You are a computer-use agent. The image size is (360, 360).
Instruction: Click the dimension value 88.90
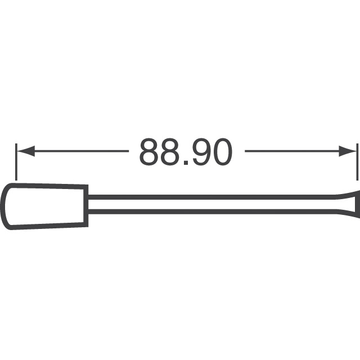click(185, 152)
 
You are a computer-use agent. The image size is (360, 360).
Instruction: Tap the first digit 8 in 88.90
click(150, 152)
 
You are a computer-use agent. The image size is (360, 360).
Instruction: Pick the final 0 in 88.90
click(221, 152)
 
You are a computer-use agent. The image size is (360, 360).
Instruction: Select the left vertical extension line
click(16, 160)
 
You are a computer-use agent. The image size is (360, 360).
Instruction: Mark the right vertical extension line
click(357, 160)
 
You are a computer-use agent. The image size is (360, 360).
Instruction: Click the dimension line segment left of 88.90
click(79, 151)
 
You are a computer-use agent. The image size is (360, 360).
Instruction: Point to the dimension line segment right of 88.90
click(292, 151)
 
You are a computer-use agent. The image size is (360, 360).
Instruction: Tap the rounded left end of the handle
click(5, 206)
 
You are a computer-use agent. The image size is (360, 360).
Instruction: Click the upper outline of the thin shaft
click(214, 197)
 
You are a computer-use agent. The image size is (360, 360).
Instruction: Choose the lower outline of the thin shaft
click(214, 212)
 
